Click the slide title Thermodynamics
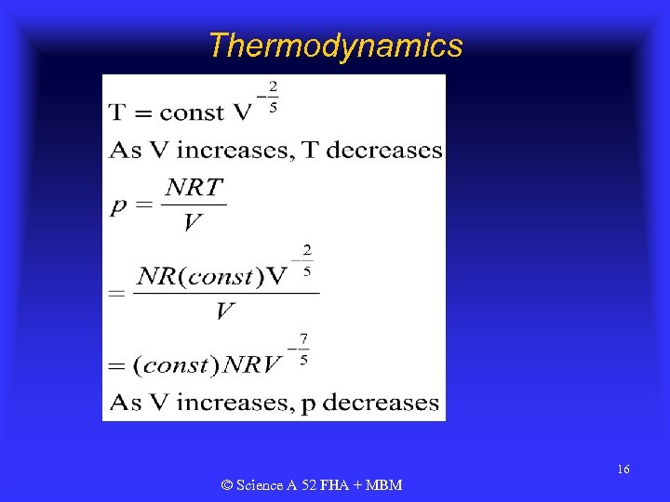(335, 45)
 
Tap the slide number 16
(623, 469)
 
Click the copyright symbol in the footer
(227, 485)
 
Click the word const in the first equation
(193, 113)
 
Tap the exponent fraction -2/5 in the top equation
(269, 97)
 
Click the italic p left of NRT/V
(118, 206)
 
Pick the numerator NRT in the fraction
(194, 187)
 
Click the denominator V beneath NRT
(194, 223)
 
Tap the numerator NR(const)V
(212, 276)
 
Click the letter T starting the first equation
(117, 113)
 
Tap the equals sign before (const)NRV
(117, 366)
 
